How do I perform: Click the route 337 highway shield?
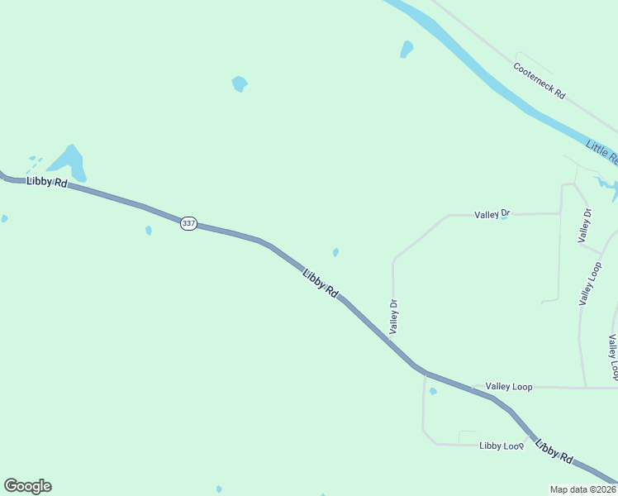(189, 223)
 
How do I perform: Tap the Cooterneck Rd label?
(539, 81)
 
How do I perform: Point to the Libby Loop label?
(502, 446)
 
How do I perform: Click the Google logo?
(27, 486)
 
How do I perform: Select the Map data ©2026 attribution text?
(583, 489)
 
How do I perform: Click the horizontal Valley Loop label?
(509, 386)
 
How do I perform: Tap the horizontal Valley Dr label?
(492, 214)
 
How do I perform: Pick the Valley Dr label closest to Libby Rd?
(394, 316)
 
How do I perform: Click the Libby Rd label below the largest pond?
(46, 181)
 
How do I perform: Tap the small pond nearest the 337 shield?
(149, 231)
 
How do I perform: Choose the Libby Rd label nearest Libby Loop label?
(554, 451)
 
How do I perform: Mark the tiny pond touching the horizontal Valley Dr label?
(505, 217)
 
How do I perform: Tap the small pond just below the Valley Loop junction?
(433, 392)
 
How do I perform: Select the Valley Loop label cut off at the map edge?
(613, 355)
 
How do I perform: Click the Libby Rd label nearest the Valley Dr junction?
(321, 284)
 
